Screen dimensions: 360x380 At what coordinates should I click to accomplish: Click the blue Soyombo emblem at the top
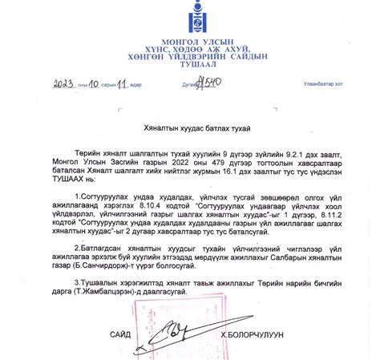(190, 19)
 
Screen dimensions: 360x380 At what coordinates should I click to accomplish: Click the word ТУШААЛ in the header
(190, 67)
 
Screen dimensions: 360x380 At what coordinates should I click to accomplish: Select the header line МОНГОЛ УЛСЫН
(190, 41)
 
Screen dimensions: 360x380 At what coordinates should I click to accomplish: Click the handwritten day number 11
(122, 82)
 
